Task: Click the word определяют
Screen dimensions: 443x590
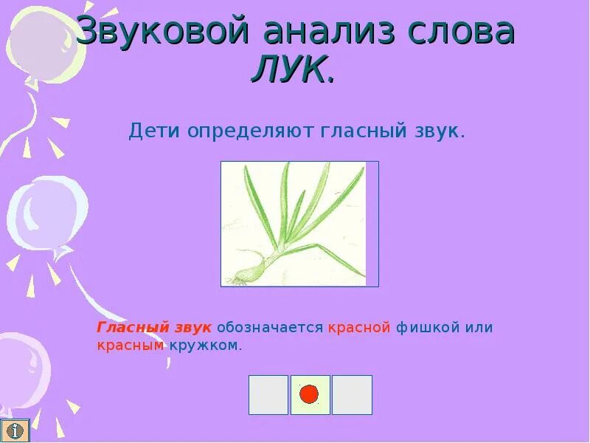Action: pos(251,132)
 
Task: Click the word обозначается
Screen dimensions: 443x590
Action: pos(270,327)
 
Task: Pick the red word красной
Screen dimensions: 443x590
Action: pos(359,327)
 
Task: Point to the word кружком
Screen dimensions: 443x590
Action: pos(204,345)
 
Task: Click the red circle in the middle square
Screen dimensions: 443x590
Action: pos(310,394)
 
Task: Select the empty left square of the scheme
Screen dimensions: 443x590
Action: pos(268,394)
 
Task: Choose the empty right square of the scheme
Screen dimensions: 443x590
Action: pos(352,394)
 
